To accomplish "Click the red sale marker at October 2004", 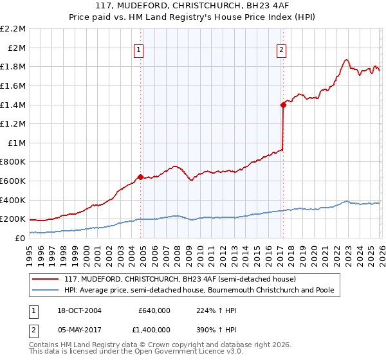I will (x=140, y=177).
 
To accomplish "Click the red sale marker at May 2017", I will (x=282, y=104).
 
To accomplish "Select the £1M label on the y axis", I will (x=17, y=143).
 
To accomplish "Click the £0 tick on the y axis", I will (x=20, y=238).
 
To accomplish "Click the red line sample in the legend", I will (x=46, y=280).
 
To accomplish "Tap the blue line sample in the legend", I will (x=46, y=290).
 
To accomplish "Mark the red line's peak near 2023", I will (x=346, y=59).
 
